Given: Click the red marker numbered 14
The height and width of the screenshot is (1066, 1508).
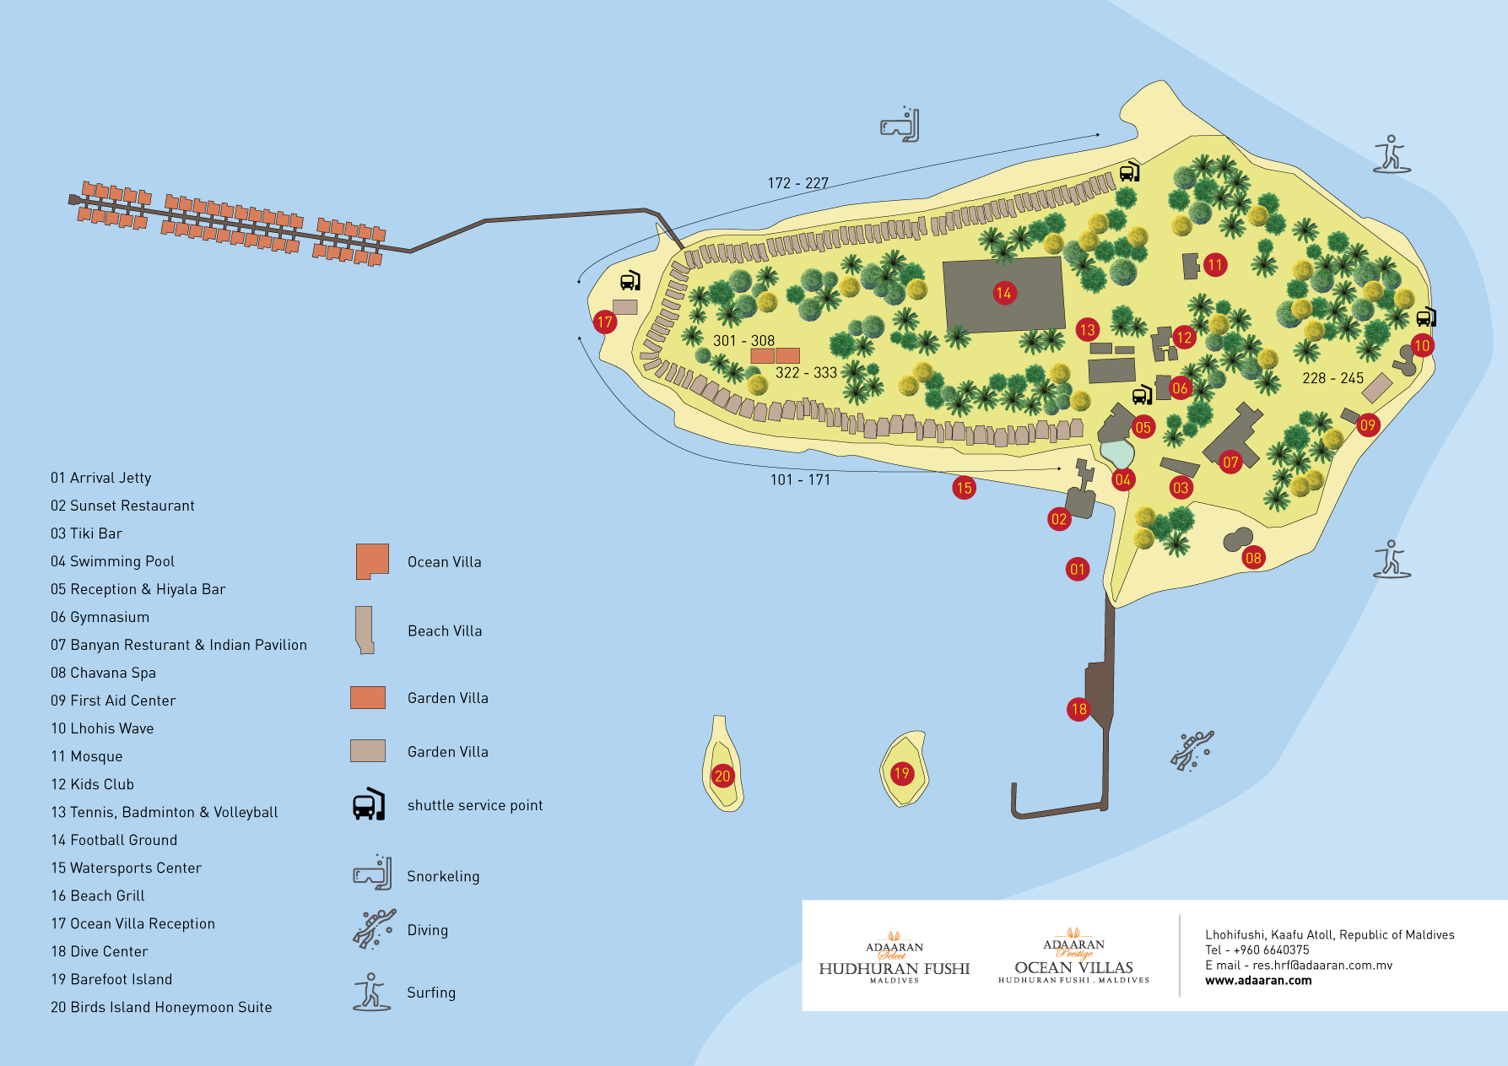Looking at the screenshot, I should click(x=1003, y=293).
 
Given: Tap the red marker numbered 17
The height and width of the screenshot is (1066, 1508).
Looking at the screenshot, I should click(x=604, y=322).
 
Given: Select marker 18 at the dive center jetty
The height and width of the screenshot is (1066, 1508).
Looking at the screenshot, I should click(x=1078, y=709).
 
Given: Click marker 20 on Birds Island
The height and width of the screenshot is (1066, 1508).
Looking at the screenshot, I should click(x=722, y=776).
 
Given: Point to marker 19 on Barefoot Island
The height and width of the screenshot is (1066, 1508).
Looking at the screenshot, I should click(x=902, y=773).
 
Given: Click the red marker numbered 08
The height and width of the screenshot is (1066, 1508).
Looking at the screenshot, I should click(x=1253, y=557).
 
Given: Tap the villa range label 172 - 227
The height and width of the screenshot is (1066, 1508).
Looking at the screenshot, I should click(x=797, y=183).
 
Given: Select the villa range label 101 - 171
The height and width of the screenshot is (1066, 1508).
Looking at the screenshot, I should click(x=800, y=479).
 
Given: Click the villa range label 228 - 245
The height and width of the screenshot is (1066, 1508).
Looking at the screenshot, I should click(x=1332, y=378).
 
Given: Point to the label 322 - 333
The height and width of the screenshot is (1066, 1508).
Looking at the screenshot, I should click(x=806, y=372).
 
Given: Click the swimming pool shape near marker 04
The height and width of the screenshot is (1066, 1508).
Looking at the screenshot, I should click(x=1117, y=453).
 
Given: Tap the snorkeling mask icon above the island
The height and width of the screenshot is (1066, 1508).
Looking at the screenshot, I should click(x=900, y=126).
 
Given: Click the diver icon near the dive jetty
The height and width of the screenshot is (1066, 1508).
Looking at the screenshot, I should click(x=1192, y=749).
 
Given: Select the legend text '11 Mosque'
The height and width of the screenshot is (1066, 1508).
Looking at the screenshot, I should click(x=86, y=756).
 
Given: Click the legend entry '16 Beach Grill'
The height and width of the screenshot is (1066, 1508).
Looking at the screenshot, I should click(x=97, y=896).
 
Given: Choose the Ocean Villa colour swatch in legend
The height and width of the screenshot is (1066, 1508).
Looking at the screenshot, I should click(x=372, y=561).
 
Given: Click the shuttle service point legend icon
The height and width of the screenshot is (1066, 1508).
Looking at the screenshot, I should click(x=369, y=805).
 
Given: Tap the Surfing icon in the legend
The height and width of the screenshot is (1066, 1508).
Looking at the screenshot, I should click(x=371, y=992).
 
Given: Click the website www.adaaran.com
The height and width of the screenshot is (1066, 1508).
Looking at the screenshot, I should click(x=1258, y=980).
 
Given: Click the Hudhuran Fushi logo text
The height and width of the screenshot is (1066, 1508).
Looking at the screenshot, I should click(x=894, y=969).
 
